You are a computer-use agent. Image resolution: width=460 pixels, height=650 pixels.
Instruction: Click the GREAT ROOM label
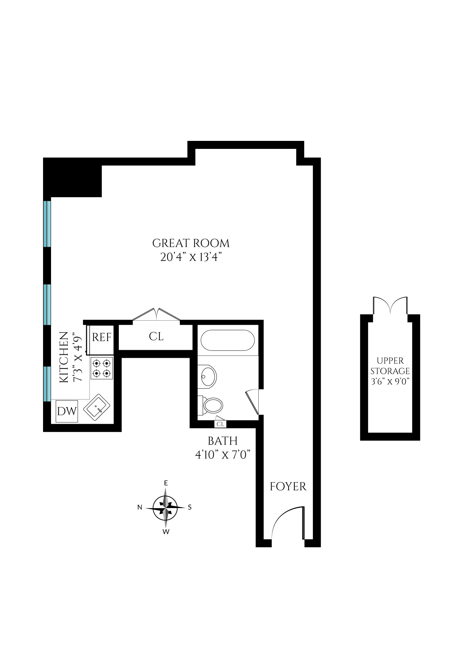tap(191, 243)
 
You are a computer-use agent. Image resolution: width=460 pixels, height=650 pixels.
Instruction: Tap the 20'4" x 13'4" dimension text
tap(191, 257)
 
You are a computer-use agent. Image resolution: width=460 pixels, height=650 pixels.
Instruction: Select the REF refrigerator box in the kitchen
tap(101, 337)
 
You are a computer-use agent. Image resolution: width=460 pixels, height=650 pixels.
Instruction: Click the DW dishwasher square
tap(67, 412)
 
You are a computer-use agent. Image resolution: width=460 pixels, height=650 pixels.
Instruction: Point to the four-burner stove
tap(102, 369)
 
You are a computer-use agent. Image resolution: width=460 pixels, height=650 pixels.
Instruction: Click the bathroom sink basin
tap(208, 377)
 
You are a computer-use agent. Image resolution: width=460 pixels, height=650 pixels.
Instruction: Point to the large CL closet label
tap(156, 337)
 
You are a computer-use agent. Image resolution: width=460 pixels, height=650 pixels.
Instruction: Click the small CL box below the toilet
tap(220, 424)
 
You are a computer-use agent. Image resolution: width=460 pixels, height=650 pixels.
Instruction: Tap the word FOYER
tap(288, 487)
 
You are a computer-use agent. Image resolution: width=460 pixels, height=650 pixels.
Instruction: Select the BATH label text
tap(223, 441)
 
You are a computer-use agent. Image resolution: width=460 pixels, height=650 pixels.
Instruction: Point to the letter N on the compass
tap(140, 507)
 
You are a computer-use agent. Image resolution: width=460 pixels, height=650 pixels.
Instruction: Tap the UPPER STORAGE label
tap(390, 366)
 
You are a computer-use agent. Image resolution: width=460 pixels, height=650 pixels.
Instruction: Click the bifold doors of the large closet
tap(156, 314)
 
